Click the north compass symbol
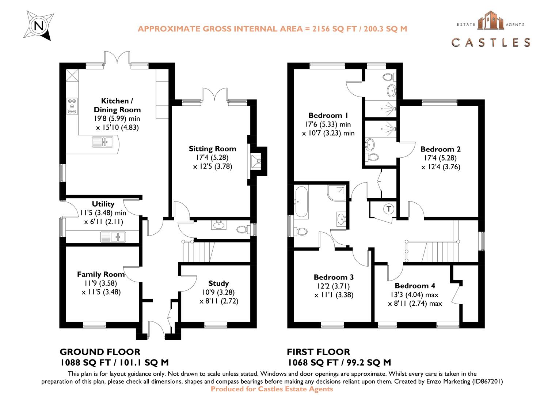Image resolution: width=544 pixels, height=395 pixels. pos(38,26)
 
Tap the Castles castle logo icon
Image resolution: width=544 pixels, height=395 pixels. pos(490,21)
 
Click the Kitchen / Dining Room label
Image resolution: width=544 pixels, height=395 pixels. pos(117,105)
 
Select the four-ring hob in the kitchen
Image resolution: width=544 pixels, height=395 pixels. pos(72,106)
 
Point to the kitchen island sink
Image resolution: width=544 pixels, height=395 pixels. pos(103,141)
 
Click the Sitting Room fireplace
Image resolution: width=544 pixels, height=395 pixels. pos(257,160)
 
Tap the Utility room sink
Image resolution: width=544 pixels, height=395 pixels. pos(113,237)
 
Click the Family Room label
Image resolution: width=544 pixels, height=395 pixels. pos(100,274)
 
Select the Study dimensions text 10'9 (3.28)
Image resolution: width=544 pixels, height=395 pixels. pos(218,293)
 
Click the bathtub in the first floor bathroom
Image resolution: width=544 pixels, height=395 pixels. pos(302,202)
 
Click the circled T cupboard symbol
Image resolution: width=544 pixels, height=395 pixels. pos(389,209)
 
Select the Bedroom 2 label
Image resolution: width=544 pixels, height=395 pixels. pos(440,149)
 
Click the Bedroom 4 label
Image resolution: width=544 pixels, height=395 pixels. pos(415,286)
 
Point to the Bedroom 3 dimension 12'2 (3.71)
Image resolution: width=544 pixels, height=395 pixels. pos(334,286)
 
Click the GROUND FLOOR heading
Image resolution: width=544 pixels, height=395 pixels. pos(100,352)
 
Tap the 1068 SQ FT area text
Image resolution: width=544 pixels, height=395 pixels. pos(312,362)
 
